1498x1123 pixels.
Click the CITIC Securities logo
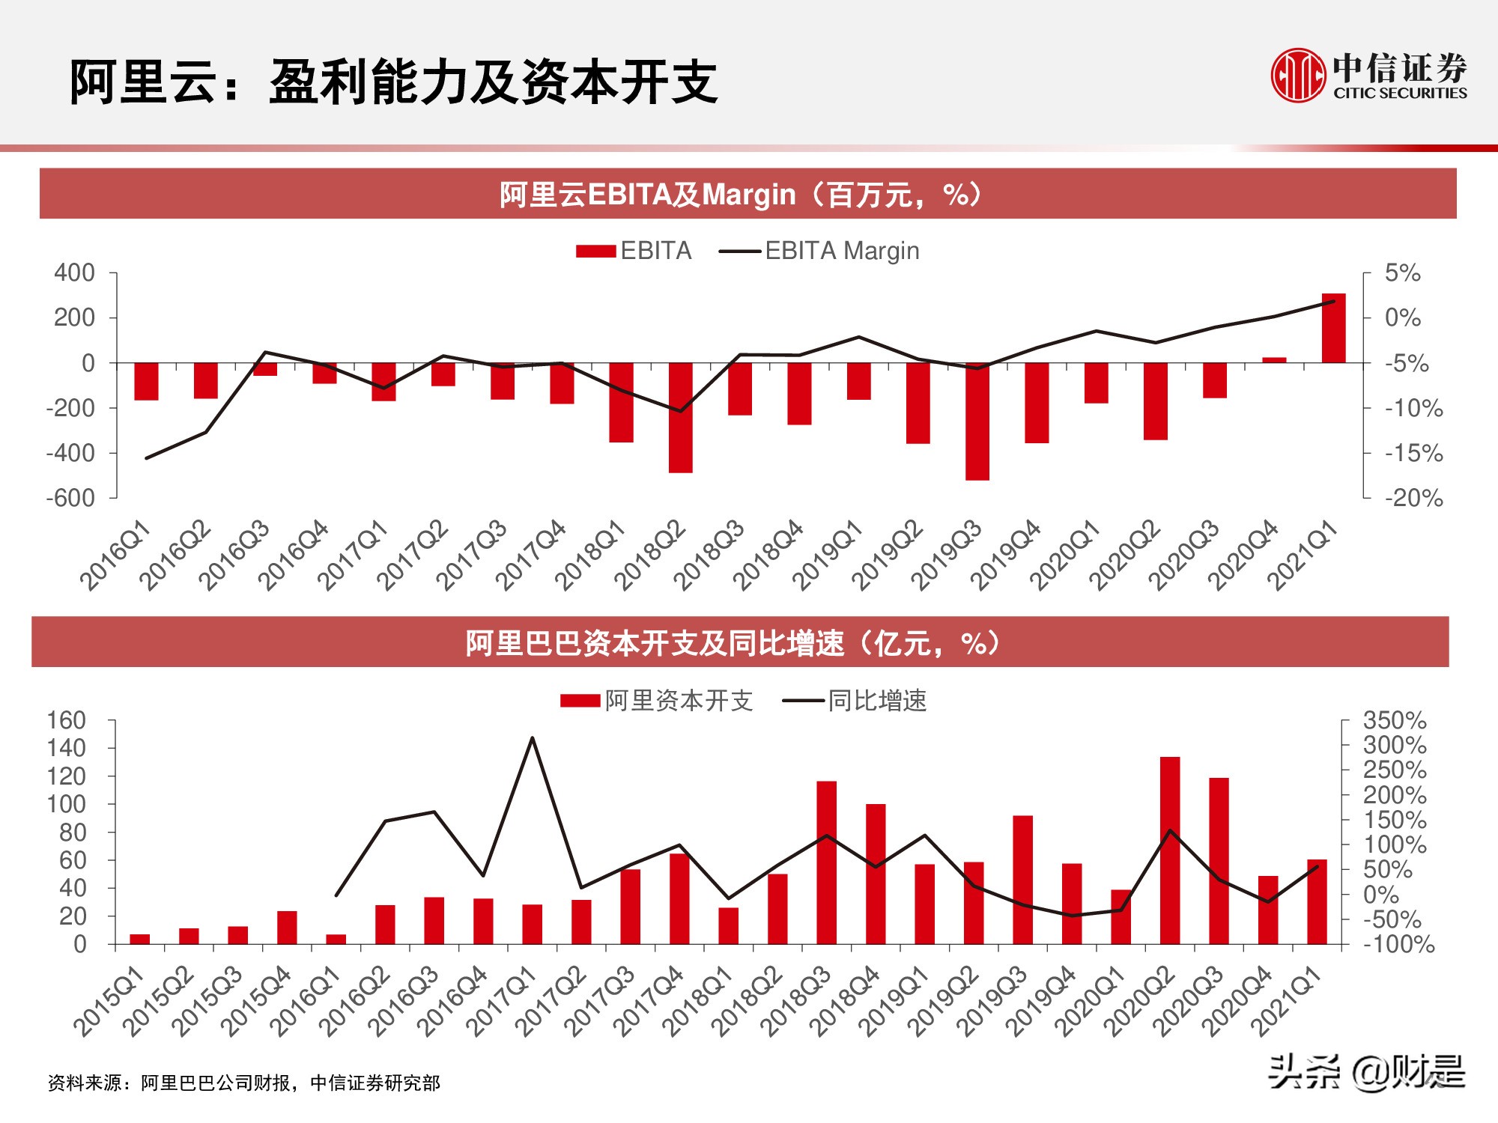click(x=1368, y=75)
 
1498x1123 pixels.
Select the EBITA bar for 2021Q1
click(x=1333, y=328)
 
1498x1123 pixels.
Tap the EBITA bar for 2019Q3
click(x=977, y=421)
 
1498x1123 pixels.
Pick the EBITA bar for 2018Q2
click(x=680, y=417)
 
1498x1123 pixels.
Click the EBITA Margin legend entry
click(x=819, y=251)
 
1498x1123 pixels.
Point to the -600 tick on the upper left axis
click(x=71, y=498)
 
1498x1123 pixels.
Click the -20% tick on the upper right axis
click(x=1413, y=498)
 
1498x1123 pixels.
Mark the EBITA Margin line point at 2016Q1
click(x=146, y=457)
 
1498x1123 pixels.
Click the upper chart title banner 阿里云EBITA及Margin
click(x=748, y=194)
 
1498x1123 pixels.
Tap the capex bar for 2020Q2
click(x=1169, y=850)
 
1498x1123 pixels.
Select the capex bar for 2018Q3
click(x=826, y=862)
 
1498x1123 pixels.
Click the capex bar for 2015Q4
click(x=287, y=928)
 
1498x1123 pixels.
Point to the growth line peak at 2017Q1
click(x=532, y=737)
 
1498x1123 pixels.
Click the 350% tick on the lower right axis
click(x=1394, y=720)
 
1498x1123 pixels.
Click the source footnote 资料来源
click(x=244, y=1083)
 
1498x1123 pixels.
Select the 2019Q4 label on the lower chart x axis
click(x=1040, y=1001)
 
